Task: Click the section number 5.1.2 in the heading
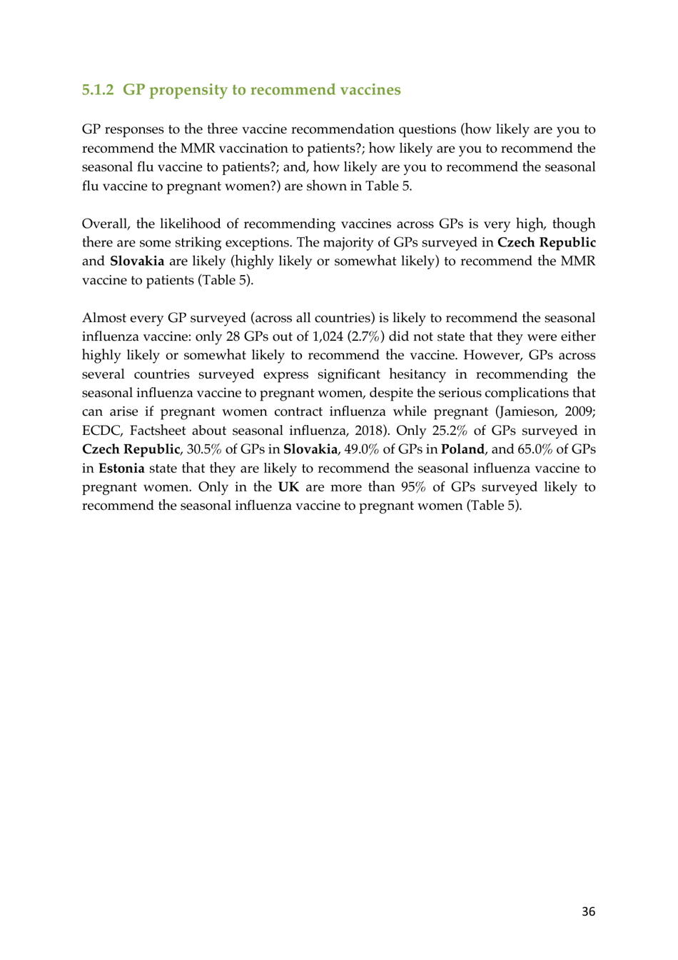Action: pyautogui.click(x=98, y=90)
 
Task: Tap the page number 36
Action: pyautogui.click(x=588, y=911)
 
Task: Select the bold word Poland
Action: pyautogui.click(x=462, y=449)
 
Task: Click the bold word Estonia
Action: pyautogui.click(x=121, y=469)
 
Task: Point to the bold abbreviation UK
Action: pyautogui.click(x=288, y=487)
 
